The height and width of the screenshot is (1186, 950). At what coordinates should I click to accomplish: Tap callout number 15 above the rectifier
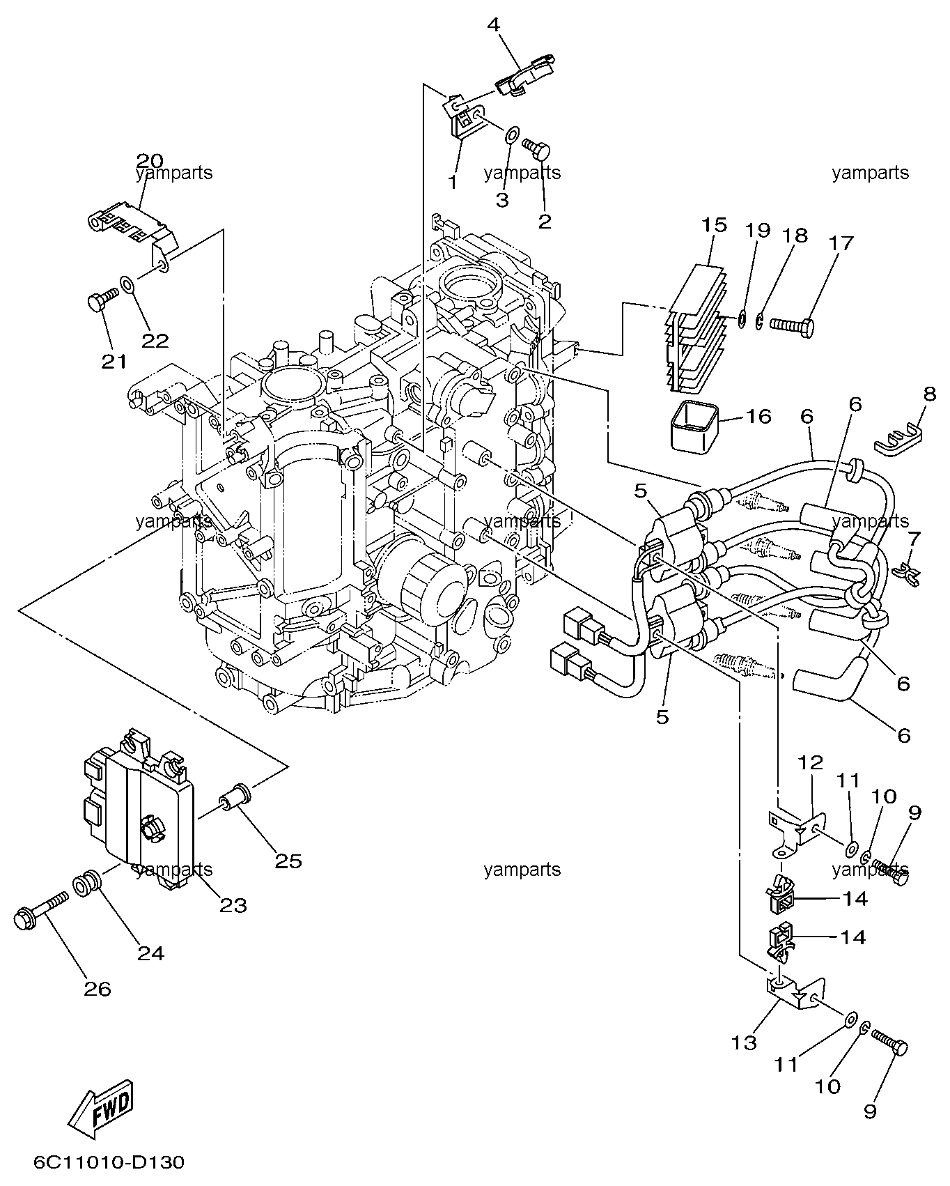[x=714, y=225]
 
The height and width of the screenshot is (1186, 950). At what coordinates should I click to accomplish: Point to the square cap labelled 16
[x=690, y=426]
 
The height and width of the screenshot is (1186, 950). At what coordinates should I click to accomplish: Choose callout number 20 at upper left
[x=150, y=160]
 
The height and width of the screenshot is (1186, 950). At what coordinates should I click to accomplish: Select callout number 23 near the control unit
[x=234, y=906]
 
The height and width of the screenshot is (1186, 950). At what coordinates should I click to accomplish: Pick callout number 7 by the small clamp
[x=914, y=538]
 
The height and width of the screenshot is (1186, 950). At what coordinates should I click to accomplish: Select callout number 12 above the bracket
[x=811, y=762]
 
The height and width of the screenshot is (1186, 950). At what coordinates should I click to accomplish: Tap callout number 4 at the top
[x=493, y=25]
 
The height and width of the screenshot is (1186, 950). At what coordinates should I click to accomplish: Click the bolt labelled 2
[x=536, y=147]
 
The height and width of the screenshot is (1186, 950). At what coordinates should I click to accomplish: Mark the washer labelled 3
[x=511, y=134]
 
